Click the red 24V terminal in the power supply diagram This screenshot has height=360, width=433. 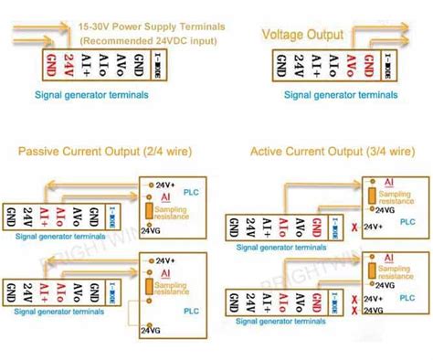tap(68, 68)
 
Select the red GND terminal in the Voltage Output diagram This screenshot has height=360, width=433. tap(369, 68)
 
